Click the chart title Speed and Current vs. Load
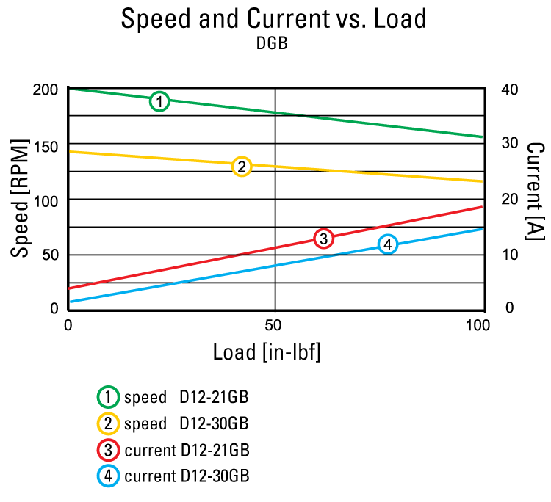[x=273, y=20]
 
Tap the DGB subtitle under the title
[x=272, y=44]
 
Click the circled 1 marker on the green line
[x=159, y=101]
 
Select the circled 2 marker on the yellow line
[x=241, y=167]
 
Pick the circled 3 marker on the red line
[x=323, y=239]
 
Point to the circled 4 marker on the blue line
[x=388, y=244]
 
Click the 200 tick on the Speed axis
[x=46, y=89]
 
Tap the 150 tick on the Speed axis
[x=46, y=145]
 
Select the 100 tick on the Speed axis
[x=46, y=200]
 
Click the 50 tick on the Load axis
[x=275, y=324]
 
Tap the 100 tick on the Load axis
[x=478, y=324]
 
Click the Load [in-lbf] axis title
[x=267, y=352]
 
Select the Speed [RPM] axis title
[x=20, y=200]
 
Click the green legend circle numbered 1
[x=108, y=398]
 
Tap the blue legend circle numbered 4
[x=108, y=476]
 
